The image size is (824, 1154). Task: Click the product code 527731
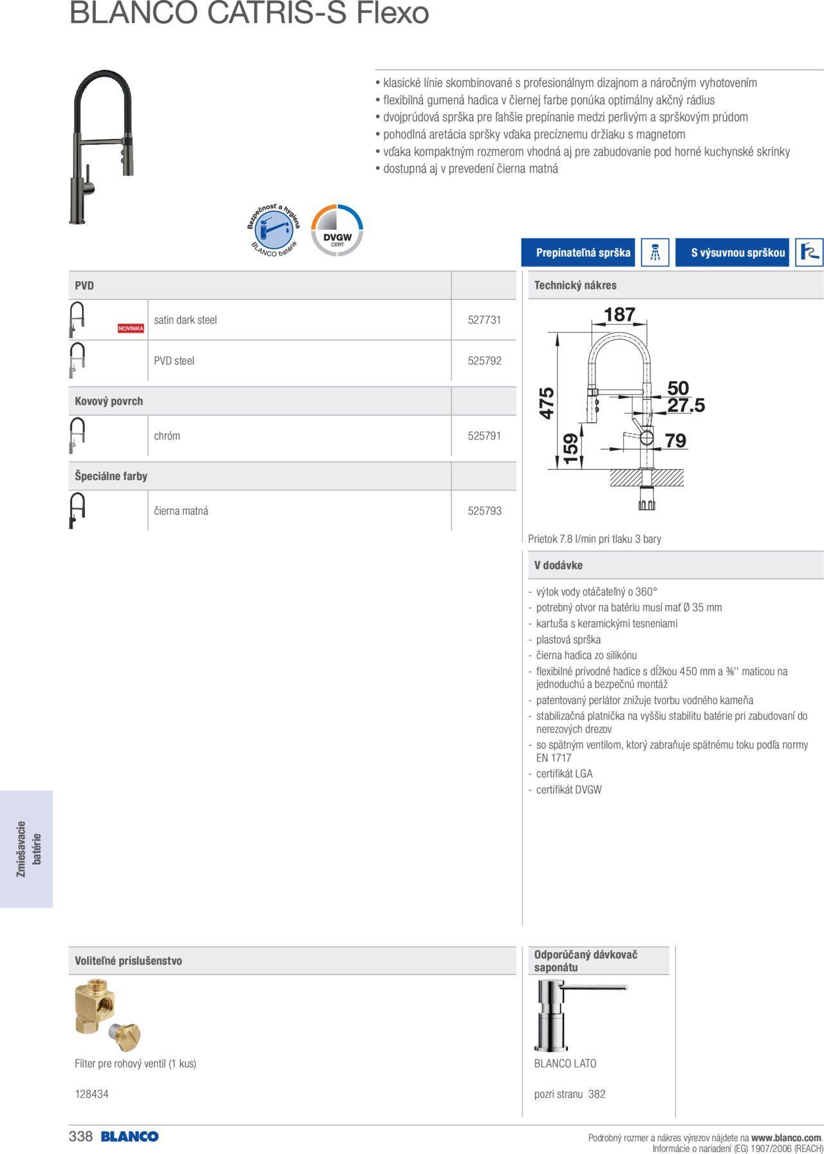pyautogui.click(x=484, y=320)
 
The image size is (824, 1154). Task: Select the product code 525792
pyautogui.click(x=484, y=361)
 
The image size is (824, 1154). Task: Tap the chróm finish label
pyautogui.click(x=167, y=436)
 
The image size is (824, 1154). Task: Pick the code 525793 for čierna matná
pyautogui.click(x=484, y=511)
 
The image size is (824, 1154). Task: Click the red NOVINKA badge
pyautogui.click(x=131, y=328)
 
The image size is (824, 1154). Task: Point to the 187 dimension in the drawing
pyautogui.click(x=619, y=315)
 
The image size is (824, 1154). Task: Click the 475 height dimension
pyautogui.click(x=547, y=403)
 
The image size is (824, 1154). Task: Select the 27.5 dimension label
pyautogui.click(x=686, y=405)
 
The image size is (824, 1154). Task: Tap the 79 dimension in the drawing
pyautogui.click(x=675, y=440)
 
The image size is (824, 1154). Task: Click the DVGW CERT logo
pyautogui.click(x=337, y=230)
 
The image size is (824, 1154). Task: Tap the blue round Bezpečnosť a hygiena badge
pyautogui.click(x=274, y=230)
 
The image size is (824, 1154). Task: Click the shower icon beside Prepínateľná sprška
pyautogui.click(x=655, y=252)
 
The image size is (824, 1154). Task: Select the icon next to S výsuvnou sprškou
pyautogui.click(x=809, y=252)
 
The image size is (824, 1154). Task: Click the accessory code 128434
pyautogui.click(x=91, y=1094)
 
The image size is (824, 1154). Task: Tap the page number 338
pyautogui.click(x=80, y=1137)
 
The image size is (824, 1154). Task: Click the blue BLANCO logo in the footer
pyautogui.click(x=129, y=1137)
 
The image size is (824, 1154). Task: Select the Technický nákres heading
pyautogui.click(x=575, y=285)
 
